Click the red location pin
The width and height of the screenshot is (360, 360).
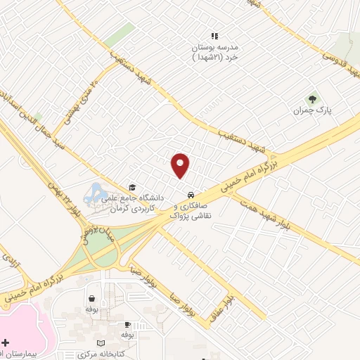(x=181, y=165)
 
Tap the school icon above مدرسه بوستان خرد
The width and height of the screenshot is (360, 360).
(x=215, y=35)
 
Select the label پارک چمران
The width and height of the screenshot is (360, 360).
(x=312, y=110)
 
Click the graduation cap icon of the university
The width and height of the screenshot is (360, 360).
(x=131, y=187)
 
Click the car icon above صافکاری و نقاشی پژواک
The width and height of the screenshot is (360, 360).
(x=190, y=194)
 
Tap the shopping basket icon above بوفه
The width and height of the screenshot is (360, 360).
(x=91, y=298)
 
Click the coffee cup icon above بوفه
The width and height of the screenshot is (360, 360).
(x=127, y=324)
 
